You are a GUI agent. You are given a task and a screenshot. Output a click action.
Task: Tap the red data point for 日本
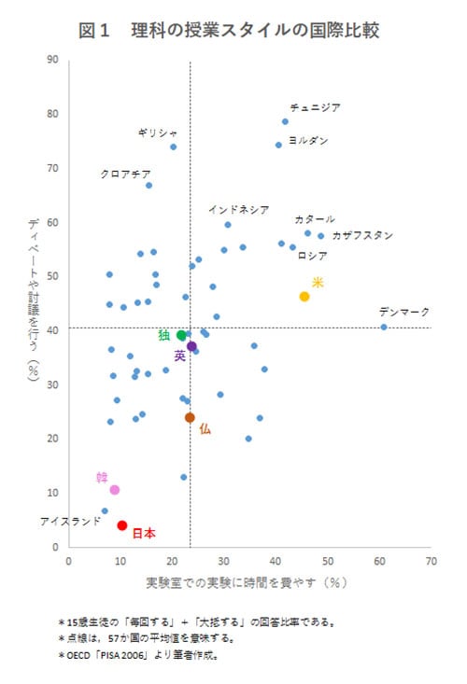pyautogui.click(x=122, y=525)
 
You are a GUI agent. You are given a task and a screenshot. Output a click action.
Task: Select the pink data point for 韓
pyautogui.click(x=115, y=490)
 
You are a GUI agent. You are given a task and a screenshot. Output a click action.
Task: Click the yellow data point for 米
pyautogui.click(x=304, y=296)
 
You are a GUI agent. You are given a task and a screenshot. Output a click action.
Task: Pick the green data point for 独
pyautogui.click(x=182, y=335)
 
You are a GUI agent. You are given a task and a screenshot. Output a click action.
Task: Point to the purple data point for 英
pyautogui.click(x=191, y=346)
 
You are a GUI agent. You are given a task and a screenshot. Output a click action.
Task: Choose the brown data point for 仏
pyautogui.click(x=190, y=417)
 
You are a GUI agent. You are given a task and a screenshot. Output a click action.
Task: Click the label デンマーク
pyautogui.click(x=404, y=312)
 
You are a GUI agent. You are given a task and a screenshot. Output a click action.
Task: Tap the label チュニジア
pyautogui.click(x=315, y=107)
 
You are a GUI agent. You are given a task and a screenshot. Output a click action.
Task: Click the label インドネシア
pyautogui.click(x=238, y=209)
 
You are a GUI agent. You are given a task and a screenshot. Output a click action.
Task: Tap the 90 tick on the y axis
pyautogui.click(x=53, y=60)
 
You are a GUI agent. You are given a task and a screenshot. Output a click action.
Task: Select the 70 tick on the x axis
pyautogui.click(x=431, y=563)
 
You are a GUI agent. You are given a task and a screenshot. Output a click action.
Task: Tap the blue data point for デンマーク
pyautogui.click(x=384, y=327)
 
